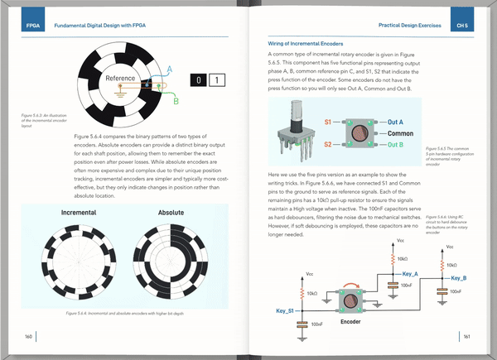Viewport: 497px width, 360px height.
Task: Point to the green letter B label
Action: click(x=175, y=101)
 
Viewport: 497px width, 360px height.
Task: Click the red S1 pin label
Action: click(x=328, y=122)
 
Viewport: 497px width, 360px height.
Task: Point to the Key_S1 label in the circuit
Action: click(x=286, y=310)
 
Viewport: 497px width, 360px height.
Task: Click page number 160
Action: click(x=28, y=336)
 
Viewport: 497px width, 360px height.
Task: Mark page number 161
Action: click(x=467, y=336)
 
